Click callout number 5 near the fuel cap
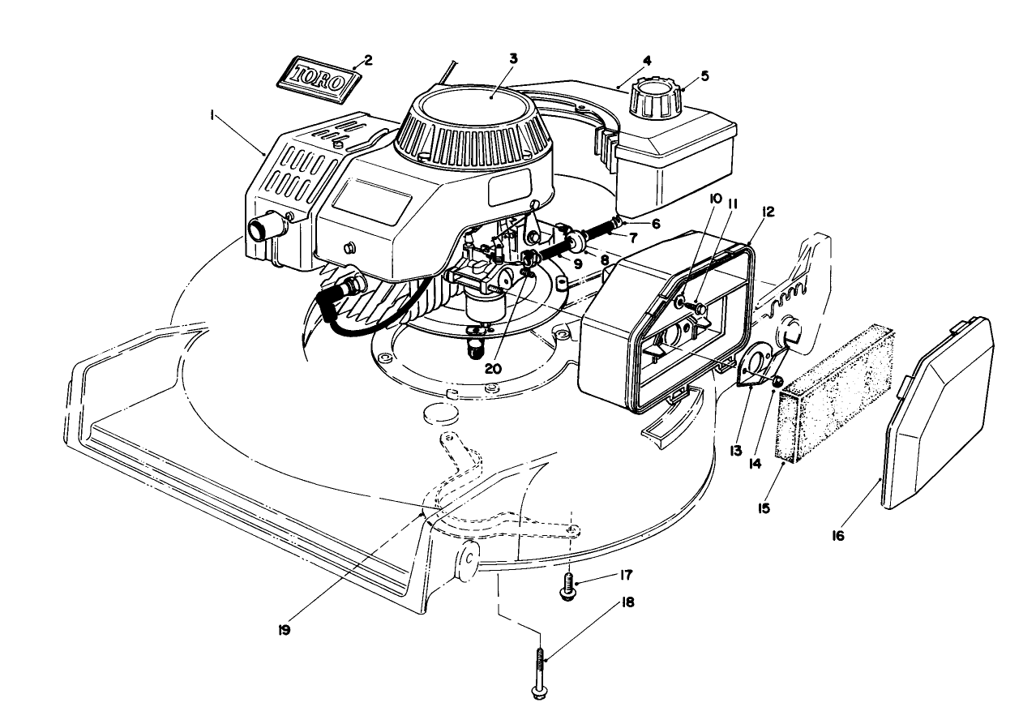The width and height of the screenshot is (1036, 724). coord(704,76)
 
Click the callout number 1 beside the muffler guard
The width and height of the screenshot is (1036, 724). coord(212,117)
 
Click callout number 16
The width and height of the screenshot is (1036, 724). coord(837,536)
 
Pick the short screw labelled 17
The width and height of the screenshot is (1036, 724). coord(568,586)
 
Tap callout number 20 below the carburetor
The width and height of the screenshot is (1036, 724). coord(494,367)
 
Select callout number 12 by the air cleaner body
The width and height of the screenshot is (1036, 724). coord(768,212)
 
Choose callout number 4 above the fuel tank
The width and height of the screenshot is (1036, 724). coord(646,61)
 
